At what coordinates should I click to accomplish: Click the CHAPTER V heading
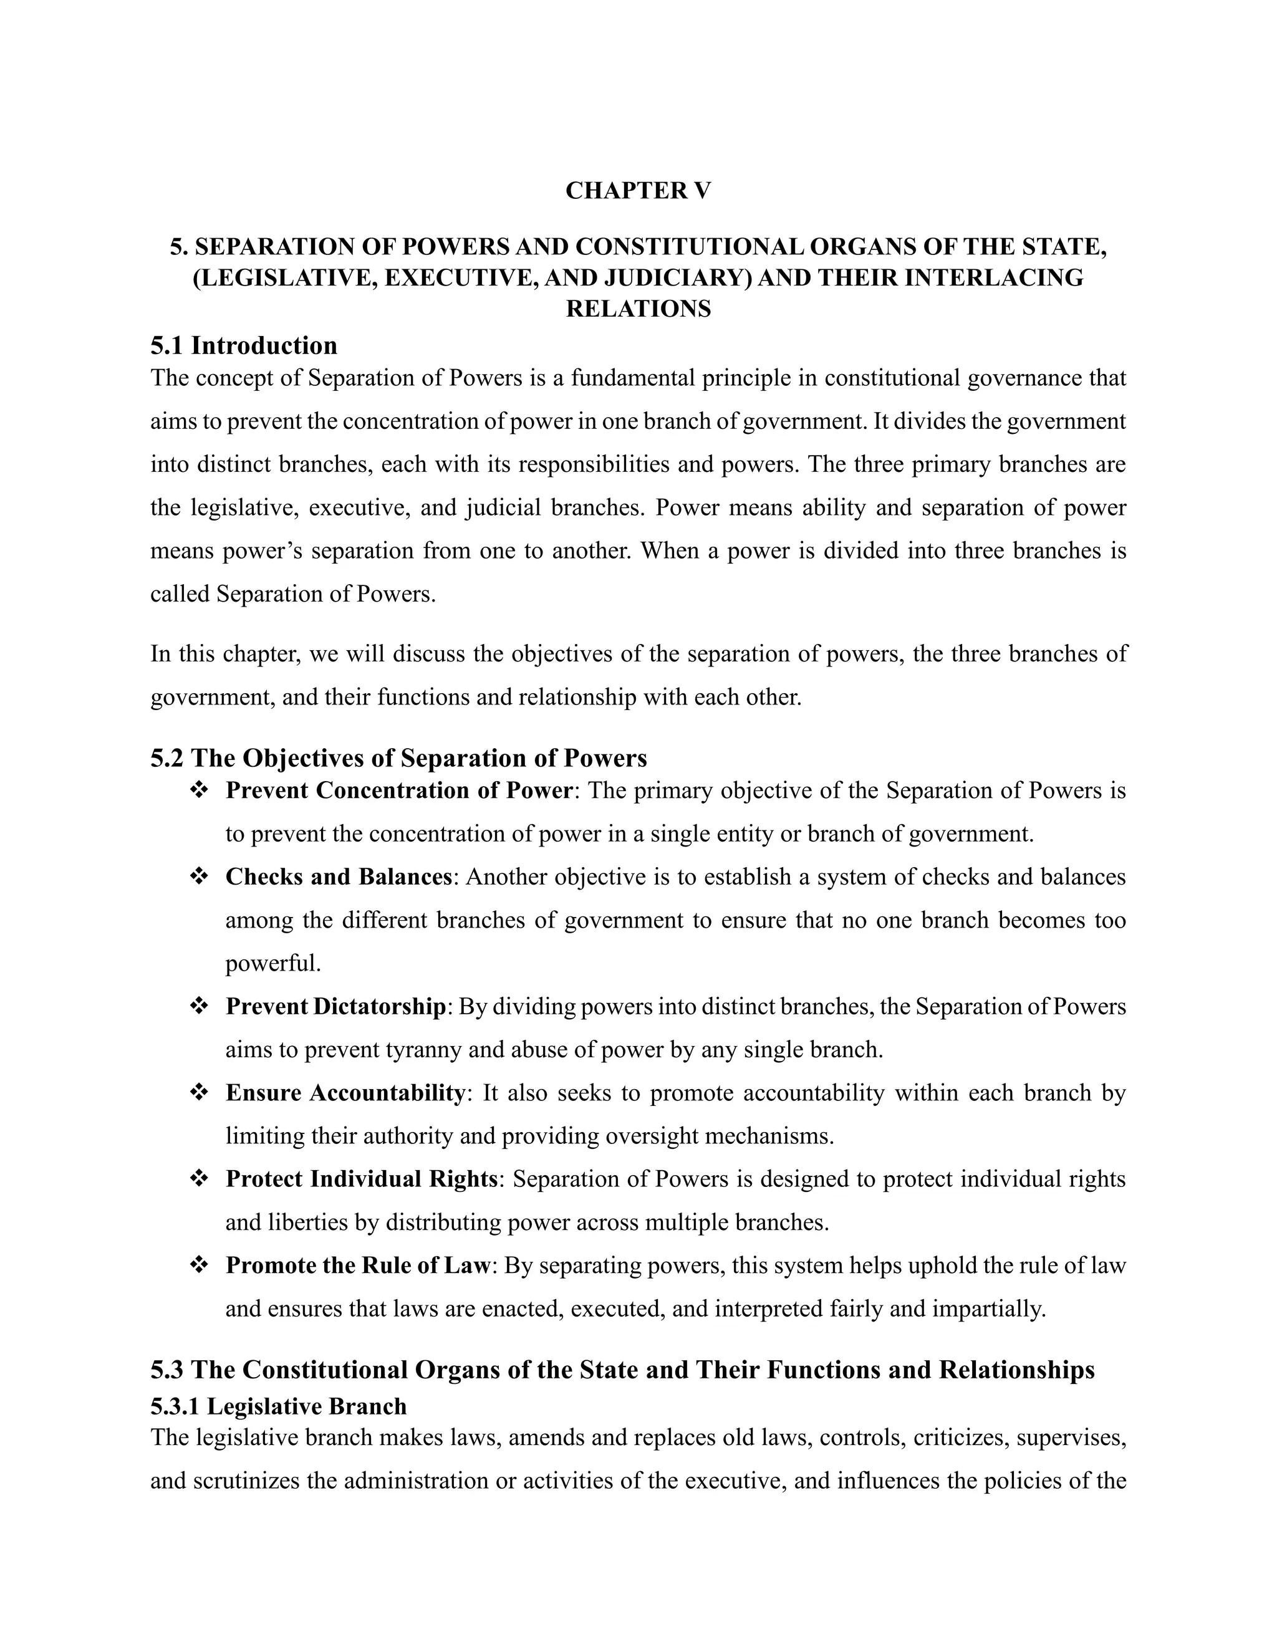tap(638, 191)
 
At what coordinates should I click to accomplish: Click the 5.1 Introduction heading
tap(244, 346)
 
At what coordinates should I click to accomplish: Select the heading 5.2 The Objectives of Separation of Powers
tap(398, 758)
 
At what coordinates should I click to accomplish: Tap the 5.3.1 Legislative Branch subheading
tap(278, 1406)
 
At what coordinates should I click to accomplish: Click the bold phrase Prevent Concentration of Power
tap(398, 790)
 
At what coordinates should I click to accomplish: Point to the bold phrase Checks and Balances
tap(339, 876)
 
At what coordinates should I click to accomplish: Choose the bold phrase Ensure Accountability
tap(345, 1093)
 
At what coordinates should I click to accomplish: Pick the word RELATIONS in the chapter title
tap(638, 309)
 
